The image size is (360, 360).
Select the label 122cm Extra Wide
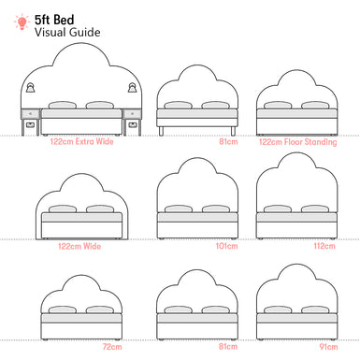click(x=82, y=142)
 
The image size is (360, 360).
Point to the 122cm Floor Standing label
click(x=296, y=142)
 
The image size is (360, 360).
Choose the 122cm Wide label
click(x=79, y=247)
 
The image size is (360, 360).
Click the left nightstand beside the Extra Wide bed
click(x=31, y=120)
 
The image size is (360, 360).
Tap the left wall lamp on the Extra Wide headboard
click(x=31, y=87)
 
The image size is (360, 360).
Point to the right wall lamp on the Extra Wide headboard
click(x=131, y=87)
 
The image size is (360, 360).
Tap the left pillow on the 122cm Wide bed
click(x=65, y=209)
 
